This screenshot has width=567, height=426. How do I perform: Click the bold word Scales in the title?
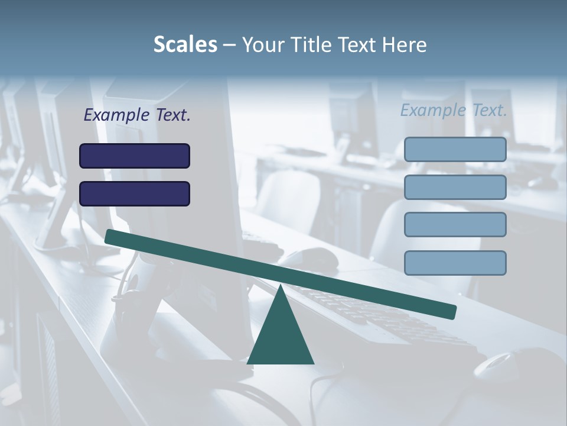pyautogui.click(x=185, y=45)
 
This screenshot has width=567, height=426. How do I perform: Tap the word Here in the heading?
pyautogui.click(x=404, y=45)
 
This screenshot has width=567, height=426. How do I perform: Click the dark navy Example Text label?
pyautogui.click(x=137, y=115)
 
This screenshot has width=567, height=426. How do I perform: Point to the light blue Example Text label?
pyautogui.click(x=454, y=110)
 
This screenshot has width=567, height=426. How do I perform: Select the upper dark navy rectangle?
pyautogui.click(x=135, y=156)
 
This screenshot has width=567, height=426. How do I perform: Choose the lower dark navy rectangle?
pyautogui.click(x=135, y=193)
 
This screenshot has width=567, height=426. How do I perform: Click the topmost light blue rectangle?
pyautogui.click(x=455, y=149)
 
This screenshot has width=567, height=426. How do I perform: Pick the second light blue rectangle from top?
pyautogui.click(x=455, y=187)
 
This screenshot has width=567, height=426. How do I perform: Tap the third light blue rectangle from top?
pyautogui.click(x=455, y=225)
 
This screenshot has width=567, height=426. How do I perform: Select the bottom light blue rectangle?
pyautogui.click(x=455, y=263)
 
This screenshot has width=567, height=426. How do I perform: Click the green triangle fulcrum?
pyautogui.click(x=281, y=337)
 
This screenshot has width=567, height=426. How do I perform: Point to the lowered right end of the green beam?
pyautogui.click(x=451, y=311)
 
